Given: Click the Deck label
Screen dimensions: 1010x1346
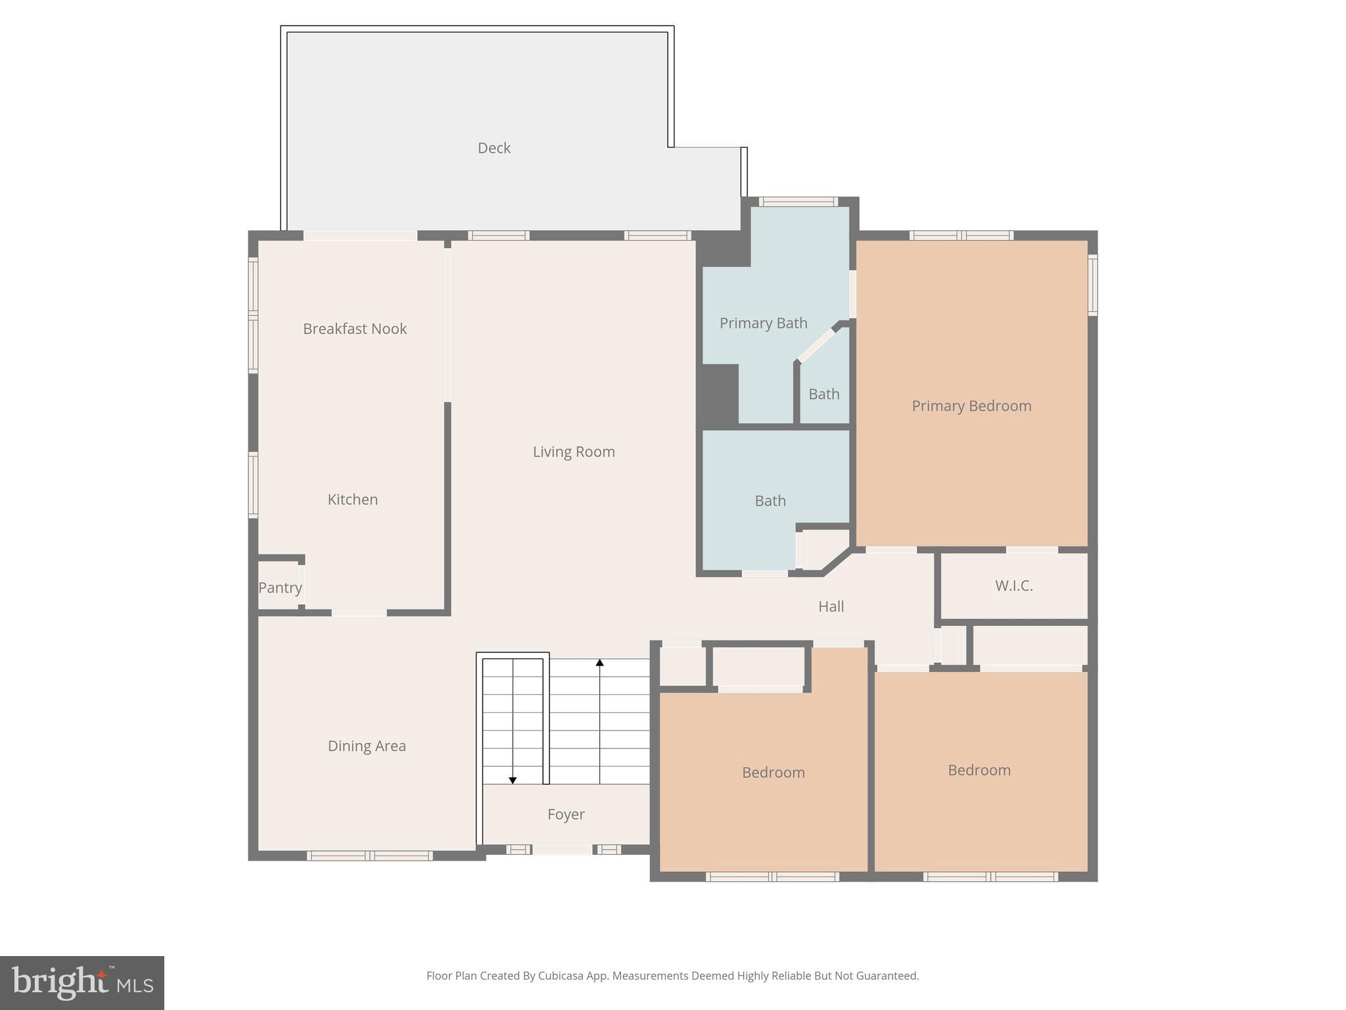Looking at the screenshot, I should (x=494, y=148).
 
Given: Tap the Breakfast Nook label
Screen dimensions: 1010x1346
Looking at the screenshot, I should (x=355, y=329).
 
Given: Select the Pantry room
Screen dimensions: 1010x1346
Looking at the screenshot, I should (x=279, y=587).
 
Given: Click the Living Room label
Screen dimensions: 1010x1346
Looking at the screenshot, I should (x=574, y=452).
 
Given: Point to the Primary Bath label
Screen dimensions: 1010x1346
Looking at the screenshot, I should (x=763, y=323).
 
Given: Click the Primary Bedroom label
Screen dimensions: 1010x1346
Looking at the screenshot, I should (x=971, y=406).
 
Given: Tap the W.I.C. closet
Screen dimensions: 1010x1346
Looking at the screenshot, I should (x=1013, y=585).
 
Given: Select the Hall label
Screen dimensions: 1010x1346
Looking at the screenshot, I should (x=831, y=606).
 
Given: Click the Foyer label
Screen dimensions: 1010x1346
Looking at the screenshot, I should (x=566, y=814).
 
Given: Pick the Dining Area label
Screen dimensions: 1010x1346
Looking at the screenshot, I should (x=367, y=746).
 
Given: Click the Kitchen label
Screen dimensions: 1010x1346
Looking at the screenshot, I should (x=352, y=499).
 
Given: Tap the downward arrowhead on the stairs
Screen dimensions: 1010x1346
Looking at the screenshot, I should (x=513, y=780).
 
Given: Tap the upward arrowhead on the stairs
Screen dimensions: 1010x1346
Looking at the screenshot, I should (x=599, y=663).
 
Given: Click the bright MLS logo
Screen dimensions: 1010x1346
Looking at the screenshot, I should (x=82, y=983).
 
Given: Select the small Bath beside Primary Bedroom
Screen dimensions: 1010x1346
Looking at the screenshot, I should (x=824, y=394).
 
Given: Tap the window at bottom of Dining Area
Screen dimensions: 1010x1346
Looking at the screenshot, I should (x=370, y=855).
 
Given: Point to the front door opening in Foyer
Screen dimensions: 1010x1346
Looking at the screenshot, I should (x=562, y=850).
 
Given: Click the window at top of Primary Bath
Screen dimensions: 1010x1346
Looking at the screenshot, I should (x=798, y=202).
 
